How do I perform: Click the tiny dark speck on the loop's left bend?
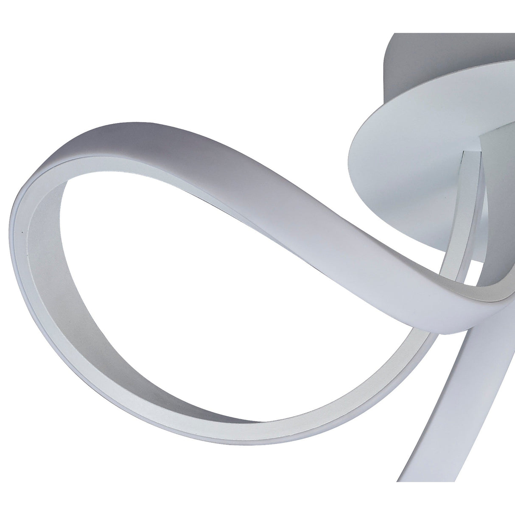[21, 232]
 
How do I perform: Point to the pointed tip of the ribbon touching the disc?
[466, 152]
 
